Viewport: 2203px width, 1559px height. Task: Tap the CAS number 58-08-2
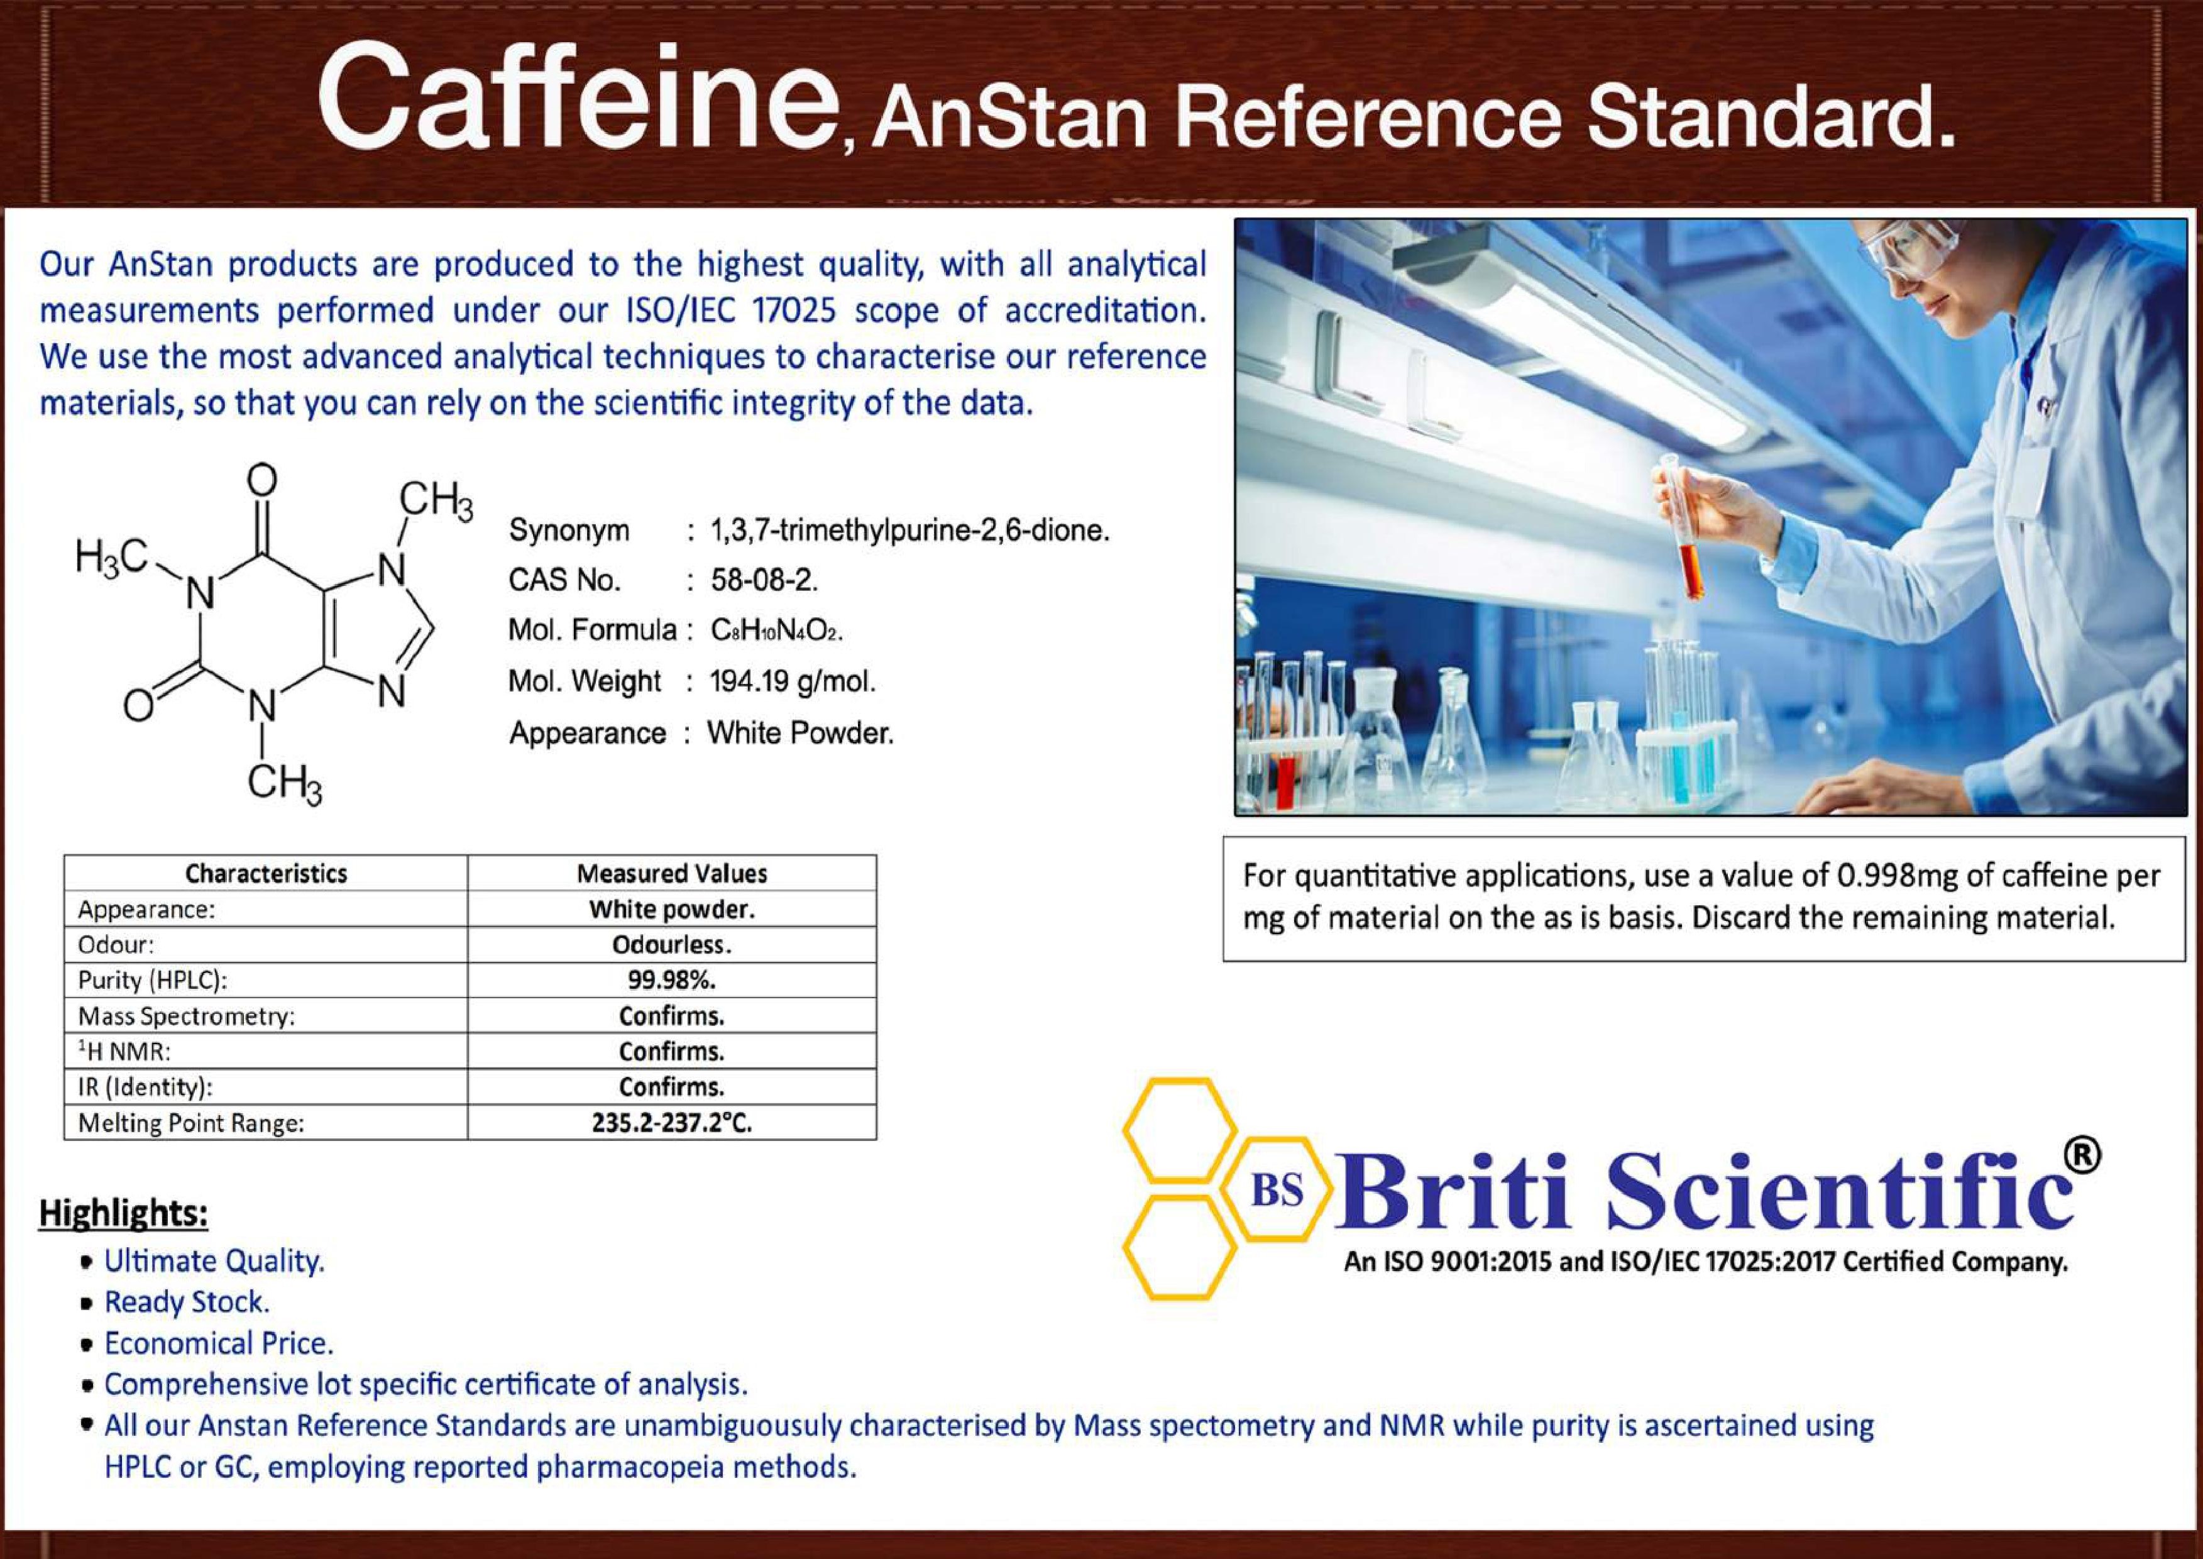(765, 580)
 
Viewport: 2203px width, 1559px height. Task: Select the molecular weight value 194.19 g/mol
(793, 681)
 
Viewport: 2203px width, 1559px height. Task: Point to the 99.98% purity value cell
(672, 980)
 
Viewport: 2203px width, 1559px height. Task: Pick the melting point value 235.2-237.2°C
(672, 1122)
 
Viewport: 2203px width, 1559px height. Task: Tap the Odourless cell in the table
(672, 945)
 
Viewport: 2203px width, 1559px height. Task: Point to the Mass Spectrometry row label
(186, 1016)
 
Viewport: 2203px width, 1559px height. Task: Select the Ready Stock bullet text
(187, 1302)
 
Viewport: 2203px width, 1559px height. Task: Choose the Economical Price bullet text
(219, 1343)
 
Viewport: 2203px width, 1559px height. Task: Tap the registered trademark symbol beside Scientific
(2081, 1156)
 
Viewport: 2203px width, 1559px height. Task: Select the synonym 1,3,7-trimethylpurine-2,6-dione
(910, 530)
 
